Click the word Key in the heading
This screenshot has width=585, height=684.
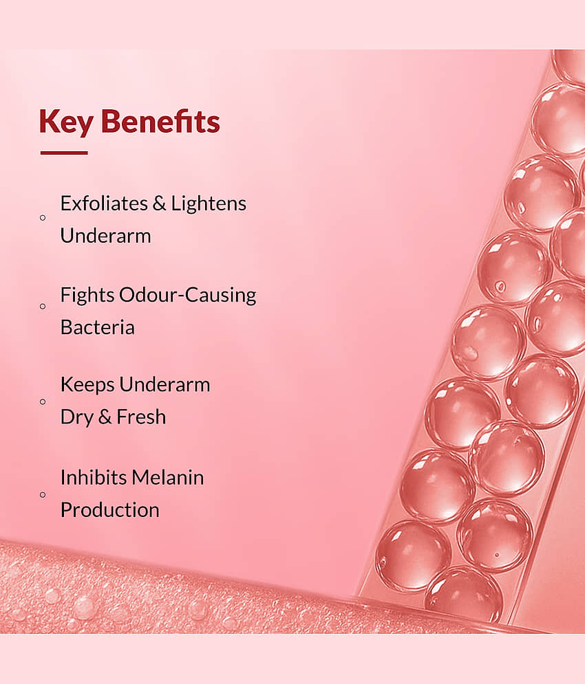coord(66,122)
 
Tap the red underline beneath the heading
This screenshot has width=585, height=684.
coord(64,153)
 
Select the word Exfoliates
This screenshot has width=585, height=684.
coord(104,203)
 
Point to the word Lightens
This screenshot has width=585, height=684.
coord(209,203)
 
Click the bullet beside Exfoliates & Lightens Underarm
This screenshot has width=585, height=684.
coord(43,218)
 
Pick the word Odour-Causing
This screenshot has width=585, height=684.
coord(187,295)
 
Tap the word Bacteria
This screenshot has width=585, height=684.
coord(98,327)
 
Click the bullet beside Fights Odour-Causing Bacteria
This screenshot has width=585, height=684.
coord(43,306)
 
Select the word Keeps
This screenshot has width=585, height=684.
coord(87,385)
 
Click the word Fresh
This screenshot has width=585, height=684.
coord(141,417)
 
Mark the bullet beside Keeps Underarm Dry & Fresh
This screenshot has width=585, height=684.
coord(43,401)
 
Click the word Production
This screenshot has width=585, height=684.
coord(109,510)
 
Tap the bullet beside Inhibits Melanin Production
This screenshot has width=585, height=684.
coord(43,495)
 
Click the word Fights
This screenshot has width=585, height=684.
coord(87,296)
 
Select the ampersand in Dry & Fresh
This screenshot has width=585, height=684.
coord(105,417)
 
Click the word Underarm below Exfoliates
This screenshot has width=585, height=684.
coord(106,236)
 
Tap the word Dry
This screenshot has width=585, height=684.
coord(77,417)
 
